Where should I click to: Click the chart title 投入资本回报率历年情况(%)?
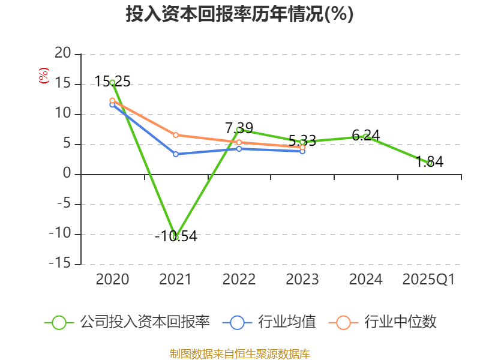tap(239, 14)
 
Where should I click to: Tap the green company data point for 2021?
tap(175, 237)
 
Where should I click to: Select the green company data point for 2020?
tap(112, 82)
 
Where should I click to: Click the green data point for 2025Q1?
tap(430, 163)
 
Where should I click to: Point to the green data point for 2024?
tap(365, 136)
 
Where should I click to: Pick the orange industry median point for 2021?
tap(175, 135)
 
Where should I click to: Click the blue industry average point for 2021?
tap(175, 154)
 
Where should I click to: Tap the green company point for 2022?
tap(239, 130)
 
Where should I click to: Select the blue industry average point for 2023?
tap(302, 151)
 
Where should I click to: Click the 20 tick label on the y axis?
tap(63, 54)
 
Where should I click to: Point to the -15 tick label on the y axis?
tap(59, 264)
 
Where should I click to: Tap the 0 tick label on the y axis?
tap(67, 174)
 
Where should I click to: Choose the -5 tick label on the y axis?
tap(63, 204)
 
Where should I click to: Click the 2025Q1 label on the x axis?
tap(429, 280)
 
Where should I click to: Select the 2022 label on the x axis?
tap(239, 280)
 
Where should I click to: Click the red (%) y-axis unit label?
tap(43, 76)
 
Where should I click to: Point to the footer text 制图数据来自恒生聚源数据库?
tap(239, 353)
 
